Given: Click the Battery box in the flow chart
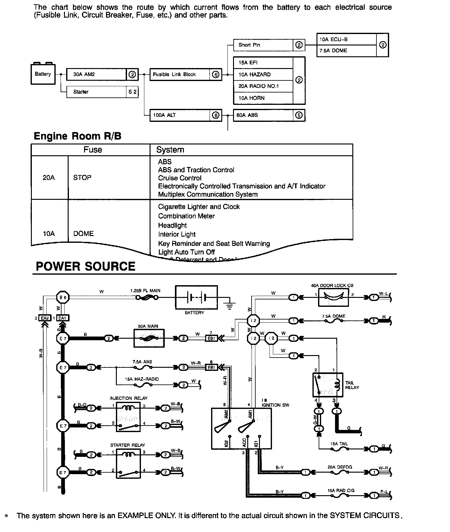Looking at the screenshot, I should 43,74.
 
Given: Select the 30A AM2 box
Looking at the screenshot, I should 96,74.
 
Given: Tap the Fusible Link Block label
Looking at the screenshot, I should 174,75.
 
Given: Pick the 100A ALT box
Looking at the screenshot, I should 180,115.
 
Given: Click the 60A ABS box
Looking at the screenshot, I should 263,115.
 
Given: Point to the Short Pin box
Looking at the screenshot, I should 263,45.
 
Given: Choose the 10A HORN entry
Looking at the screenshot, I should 263,98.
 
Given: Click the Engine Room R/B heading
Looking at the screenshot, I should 77,136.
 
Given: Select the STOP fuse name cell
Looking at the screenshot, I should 82,178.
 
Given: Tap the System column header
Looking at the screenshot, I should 170,150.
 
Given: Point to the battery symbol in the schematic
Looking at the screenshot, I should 196,298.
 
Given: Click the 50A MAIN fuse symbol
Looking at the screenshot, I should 149,338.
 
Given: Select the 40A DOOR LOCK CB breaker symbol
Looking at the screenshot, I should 333,298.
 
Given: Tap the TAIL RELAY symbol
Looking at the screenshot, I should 328,385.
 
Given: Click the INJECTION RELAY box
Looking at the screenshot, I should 128,417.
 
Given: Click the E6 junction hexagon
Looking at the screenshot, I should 63,298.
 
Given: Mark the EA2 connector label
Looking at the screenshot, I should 45,318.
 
